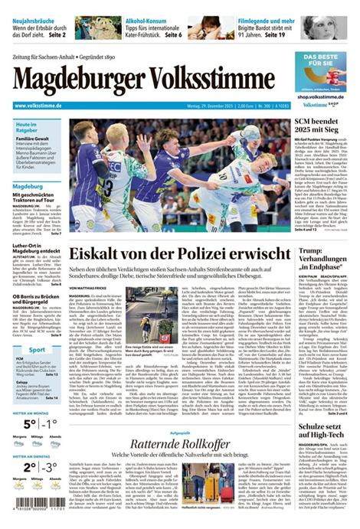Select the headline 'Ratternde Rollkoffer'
[181, 445]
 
